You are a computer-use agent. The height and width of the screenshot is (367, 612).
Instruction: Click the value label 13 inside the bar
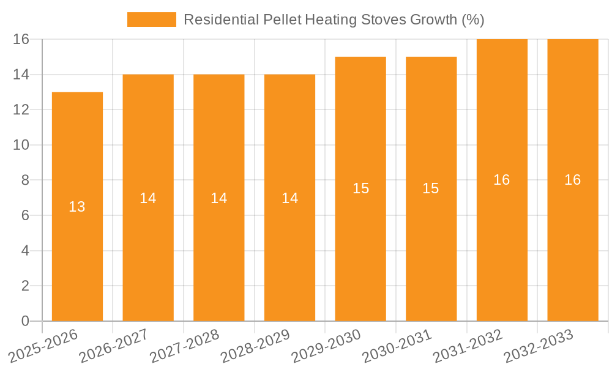click(x=77, y=207)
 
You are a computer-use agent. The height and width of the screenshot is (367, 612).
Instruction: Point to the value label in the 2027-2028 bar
click(x=219, y=198)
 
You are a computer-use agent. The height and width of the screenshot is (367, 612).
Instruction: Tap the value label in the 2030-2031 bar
click(x=431, y=188)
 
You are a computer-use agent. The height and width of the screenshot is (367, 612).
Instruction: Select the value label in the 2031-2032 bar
click(x=502, y=180)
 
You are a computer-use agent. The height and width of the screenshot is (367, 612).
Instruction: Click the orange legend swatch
click(x=151, y=20)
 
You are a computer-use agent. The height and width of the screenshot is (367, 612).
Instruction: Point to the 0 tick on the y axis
click(x=25, y=321)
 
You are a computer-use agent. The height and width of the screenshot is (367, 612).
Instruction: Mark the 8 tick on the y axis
click(x=25, y=180)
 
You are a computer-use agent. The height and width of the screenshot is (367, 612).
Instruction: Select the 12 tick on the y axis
click(x=21, y=109)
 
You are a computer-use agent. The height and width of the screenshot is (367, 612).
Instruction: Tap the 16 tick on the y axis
click(x=21, y=39)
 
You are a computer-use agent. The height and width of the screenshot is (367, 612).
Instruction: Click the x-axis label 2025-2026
click(x=43, y=346)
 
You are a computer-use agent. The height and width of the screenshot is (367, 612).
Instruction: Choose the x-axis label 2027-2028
click(x=185, y=346)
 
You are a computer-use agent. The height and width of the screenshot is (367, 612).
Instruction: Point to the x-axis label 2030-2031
click(x=397, y=346)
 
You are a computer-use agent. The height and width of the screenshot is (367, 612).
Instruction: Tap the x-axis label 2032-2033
click(x=539, y=346)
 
